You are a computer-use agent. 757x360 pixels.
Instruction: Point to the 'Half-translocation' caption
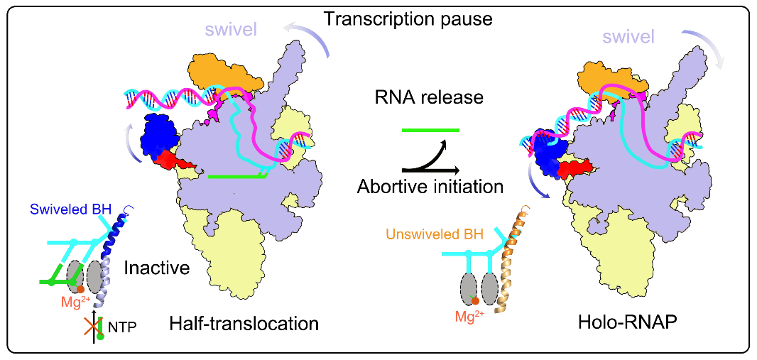pyautogui.click(x=244, y=324)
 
